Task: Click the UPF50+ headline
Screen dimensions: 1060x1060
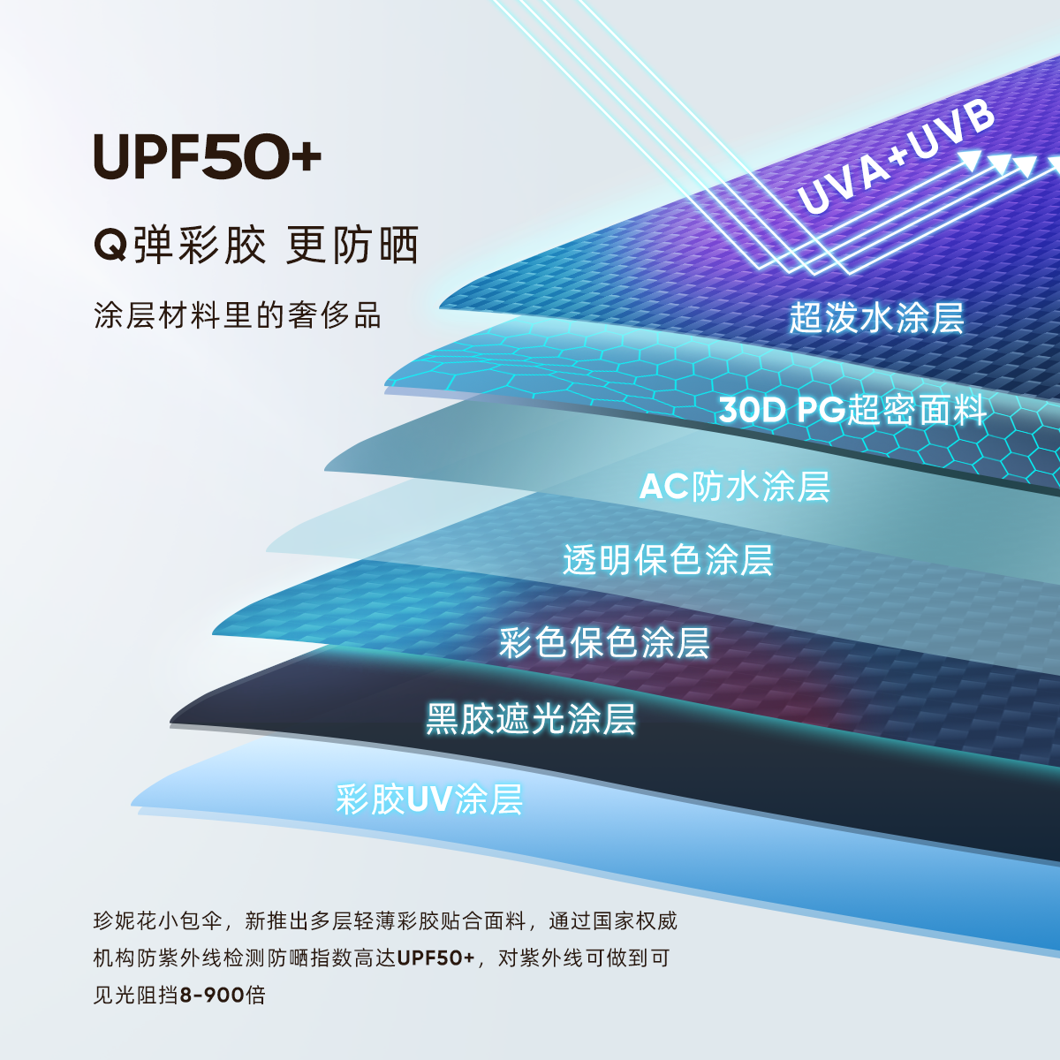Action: (x=207, y=157)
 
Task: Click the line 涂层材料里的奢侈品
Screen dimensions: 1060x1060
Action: (x=237, y=315)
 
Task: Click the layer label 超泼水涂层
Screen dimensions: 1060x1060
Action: (x=875, y=317)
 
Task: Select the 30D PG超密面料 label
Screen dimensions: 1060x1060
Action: (x=852, y=410)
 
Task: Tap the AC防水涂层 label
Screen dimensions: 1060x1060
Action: (x=734, y=486)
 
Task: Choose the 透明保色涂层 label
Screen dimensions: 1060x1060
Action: (x=668, y=560)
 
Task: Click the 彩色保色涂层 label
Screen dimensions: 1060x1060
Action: (x=604, y=642)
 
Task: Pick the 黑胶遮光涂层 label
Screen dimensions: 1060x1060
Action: (x=530, y=719)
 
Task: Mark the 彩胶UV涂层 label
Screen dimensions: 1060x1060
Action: (x=429, y=799)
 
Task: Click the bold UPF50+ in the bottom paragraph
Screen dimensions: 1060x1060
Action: (x=435, y=958)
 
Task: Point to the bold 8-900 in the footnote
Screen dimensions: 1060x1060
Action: (x=212, y=996)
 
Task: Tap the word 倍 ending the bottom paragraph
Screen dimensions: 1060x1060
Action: (x=256, y=996)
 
